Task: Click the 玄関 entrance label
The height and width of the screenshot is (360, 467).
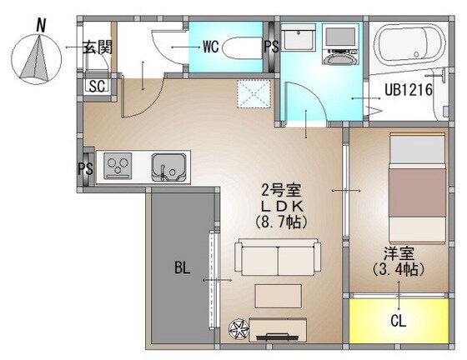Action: point(97,47)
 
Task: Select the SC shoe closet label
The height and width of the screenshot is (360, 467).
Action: point(97,86)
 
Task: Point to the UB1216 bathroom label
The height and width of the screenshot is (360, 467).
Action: point(408,91)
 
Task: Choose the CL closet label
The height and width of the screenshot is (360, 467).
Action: point(397,321)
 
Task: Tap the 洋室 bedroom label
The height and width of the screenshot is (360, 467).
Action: point(398,252)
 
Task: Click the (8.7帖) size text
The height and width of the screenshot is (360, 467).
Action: point(274,222)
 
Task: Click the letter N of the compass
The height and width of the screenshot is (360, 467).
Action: point(39,26)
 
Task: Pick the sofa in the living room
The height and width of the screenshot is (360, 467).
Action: point(275,257)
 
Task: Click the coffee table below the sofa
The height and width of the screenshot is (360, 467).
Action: point(277,296)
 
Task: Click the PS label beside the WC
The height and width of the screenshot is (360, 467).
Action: point(271,47)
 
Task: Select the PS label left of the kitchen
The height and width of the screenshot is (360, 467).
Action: point(86,167)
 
